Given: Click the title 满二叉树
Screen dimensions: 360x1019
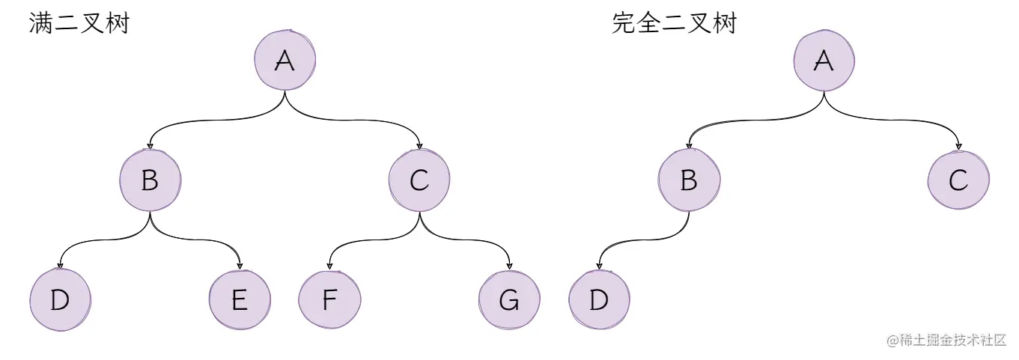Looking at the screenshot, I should coord(79,23).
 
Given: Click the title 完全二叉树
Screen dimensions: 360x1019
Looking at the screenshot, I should coord(674,23).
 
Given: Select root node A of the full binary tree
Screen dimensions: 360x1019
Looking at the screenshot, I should coord(285,61).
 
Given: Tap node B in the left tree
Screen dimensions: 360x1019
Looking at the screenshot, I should coord(150,180).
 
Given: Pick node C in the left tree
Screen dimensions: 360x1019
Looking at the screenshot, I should coord(419,180).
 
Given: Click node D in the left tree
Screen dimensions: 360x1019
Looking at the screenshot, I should coord(60,300).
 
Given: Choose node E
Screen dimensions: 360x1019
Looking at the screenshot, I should coord(240,300).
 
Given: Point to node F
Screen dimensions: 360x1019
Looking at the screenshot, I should coord(329,300).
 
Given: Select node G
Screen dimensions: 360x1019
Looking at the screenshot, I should coord(509,300).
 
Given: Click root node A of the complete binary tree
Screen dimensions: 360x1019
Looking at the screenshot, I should coord(824,61).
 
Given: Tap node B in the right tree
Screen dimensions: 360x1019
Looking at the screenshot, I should coord(689,180).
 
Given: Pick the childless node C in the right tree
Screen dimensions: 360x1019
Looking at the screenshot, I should coord(958,180).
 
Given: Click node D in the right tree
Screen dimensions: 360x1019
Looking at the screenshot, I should coord(599,300).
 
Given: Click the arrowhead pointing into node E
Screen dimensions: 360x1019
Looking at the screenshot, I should coord(240,265).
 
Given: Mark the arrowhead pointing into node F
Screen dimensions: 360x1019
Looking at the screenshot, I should coord(329,265).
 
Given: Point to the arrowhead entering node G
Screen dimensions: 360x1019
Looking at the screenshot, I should coord(509,265).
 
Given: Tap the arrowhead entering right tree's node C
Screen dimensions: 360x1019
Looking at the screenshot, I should coord(958,145).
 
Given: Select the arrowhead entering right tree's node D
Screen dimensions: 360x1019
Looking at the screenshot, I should coord(599,265).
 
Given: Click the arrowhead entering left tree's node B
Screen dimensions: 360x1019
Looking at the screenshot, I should coord(150,145).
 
